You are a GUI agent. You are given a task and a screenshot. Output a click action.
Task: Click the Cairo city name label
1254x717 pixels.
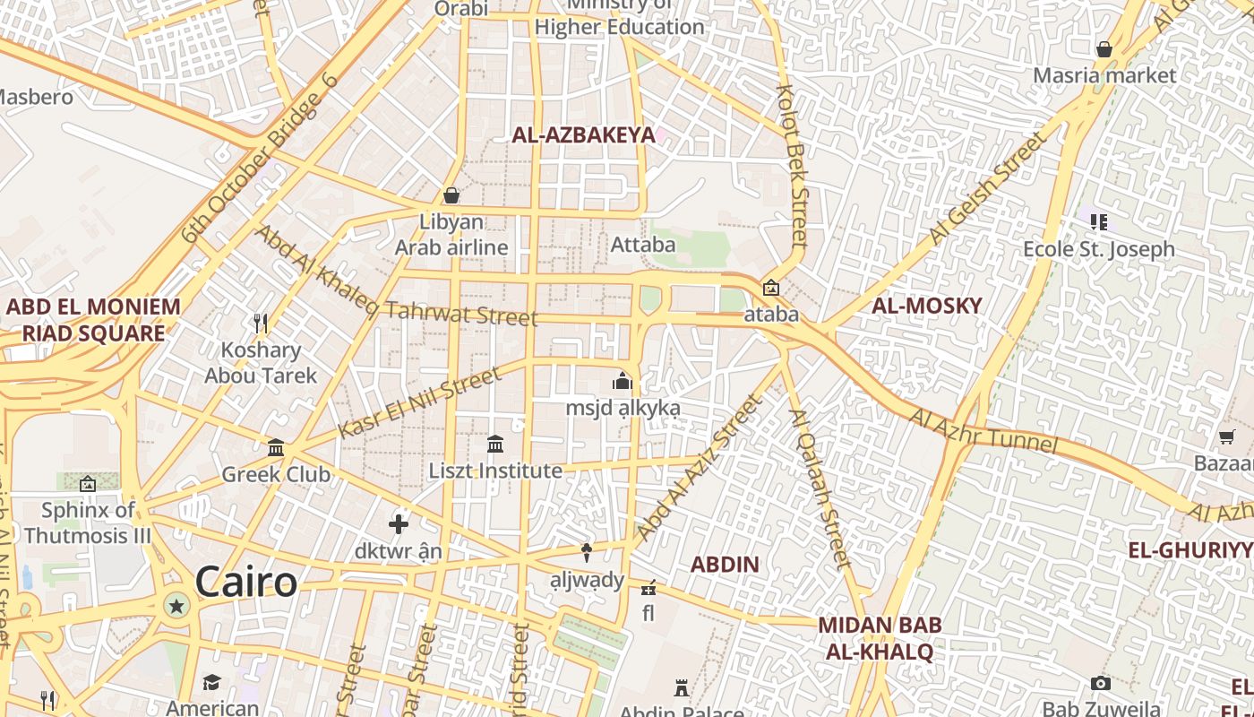pyautogui.click(x=245, y=583)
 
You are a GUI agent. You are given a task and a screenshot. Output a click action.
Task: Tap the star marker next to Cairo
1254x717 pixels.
pyautogui.click(x=176, y=607)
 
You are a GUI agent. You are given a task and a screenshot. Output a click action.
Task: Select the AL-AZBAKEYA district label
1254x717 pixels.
pyautogui.click(x=583, y=135)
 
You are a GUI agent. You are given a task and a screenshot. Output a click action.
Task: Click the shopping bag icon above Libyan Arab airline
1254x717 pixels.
pyautogui.click(x=451, y=195)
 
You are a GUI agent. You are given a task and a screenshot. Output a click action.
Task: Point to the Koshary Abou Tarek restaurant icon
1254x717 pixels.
pyautogui.click(x=261, y=323)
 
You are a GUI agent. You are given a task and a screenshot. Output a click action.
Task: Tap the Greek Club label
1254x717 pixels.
pyautogui.click(x=276, y=474)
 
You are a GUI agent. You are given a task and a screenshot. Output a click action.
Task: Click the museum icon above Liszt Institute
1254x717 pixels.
pyautogui.click(x=495, y=444)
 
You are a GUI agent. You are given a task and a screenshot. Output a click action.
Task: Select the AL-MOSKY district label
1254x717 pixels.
pyautogui.click(x=927, y=306)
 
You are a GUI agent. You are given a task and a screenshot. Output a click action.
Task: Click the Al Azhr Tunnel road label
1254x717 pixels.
pyautogui.click(x=983, y=430)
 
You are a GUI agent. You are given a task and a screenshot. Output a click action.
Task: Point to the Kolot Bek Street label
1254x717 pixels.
pyautogui.click(x=793, y=166)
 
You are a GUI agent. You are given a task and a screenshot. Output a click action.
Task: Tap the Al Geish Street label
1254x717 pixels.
pyautogui.click(x=987, y=189)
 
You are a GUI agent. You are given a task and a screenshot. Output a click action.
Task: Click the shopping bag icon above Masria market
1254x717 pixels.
pyautogui.click(x=1104, y=49)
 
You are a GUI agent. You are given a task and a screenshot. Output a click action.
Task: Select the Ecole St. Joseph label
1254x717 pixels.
pyautogui.click(x=1099, y=249)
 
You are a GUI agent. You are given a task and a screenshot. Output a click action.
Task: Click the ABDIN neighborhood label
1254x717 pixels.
pyautogui.click(x=725, y=565)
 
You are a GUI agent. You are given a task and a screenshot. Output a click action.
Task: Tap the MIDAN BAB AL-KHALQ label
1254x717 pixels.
pyautogui.click(x=879, y=638)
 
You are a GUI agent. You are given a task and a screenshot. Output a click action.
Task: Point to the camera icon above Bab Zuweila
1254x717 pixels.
pyautogui.click(x=1101, y=684)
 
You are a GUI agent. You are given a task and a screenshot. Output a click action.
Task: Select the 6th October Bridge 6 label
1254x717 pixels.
pyautogui.click(x=260, y=159)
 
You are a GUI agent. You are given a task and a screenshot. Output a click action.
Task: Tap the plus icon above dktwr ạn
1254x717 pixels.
pyautogui.click(x=399, y=523)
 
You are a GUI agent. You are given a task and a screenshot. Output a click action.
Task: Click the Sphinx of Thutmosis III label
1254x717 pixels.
pyautogui.click(x=88, y=523)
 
